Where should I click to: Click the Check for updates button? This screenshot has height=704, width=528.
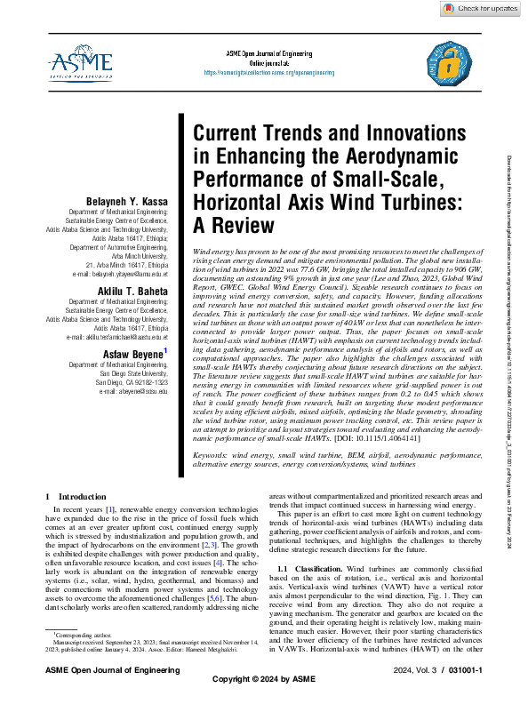[x=476, y=8]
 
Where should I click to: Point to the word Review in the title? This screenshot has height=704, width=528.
[x=231, y=226]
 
